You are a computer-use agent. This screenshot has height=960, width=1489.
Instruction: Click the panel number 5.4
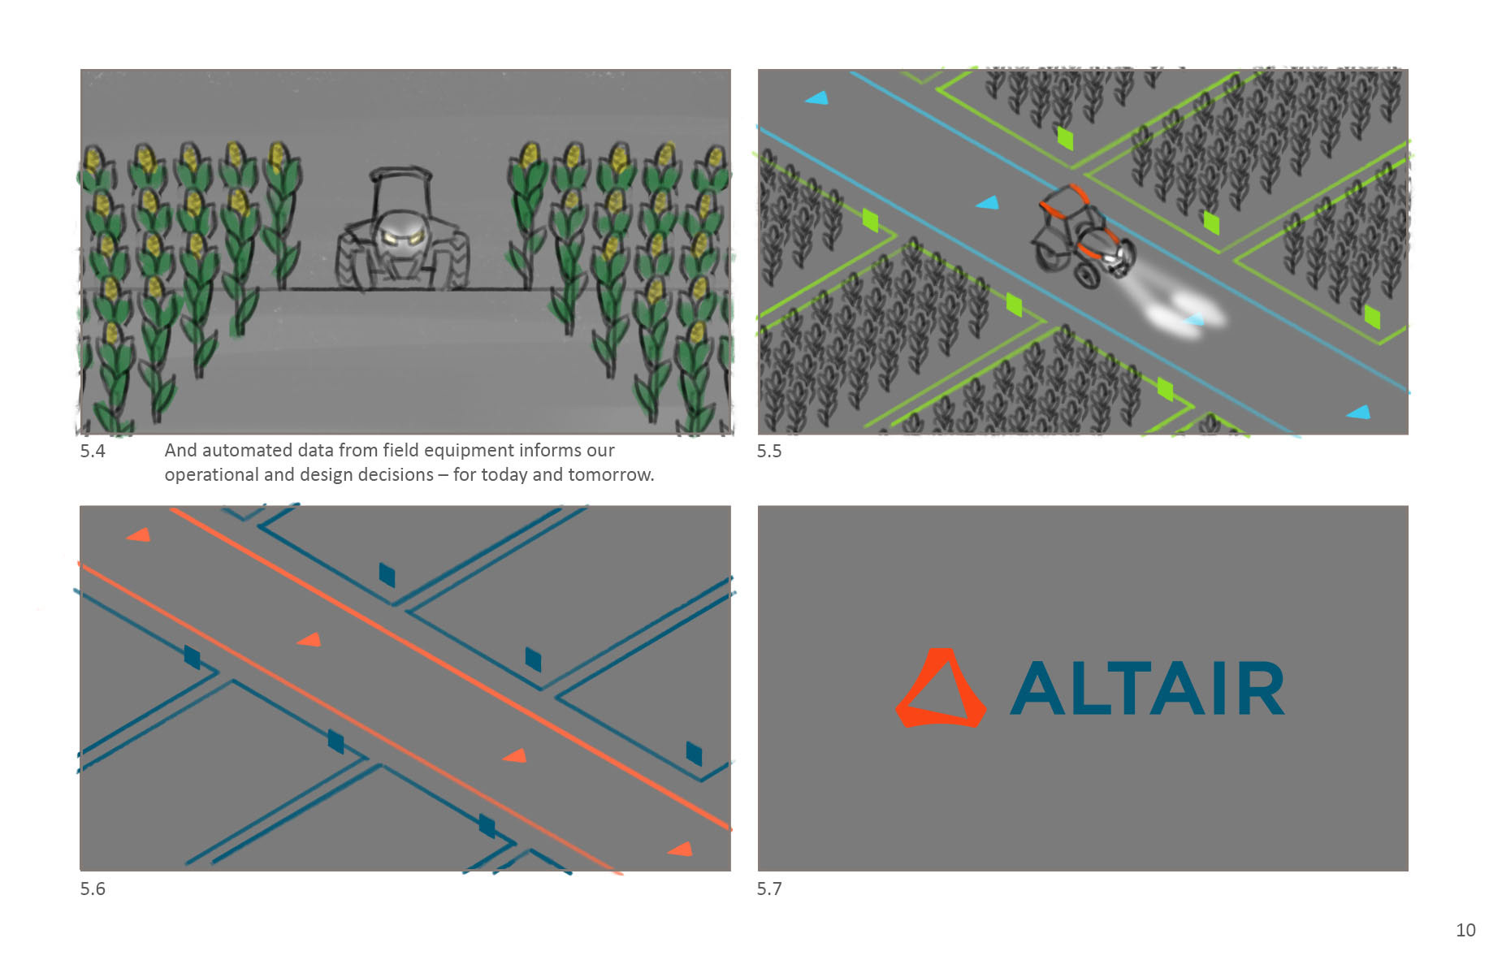(x=93, y=452)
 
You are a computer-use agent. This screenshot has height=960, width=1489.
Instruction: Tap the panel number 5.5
(x=768, y=452)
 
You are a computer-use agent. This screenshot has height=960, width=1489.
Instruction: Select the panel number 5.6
(x=93, y=889)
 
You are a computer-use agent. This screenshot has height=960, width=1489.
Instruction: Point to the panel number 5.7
(x=768, y=889)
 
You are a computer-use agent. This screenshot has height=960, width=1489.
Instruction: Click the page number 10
(x=1465, y=930)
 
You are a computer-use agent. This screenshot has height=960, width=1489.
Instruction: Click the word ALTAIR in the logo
(x=1146, y=689)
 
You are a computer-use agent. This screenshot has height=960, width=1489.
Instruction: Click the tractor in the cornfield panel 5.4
(x=402, y=231)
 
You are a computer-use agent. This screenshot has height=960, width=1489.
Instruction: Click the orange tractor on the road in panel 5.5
(x=1081, y=236)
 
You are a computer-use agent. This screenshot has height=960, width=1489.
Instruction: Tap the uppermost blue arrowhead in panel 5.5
(x=817, y=98)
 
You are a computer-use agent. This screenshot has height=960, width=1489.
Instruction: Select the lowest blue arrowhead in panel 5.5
(x=1359, y=413)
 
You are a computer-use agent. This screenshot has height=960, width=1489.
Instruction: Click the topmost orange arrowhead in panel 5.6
(x=139, y=534)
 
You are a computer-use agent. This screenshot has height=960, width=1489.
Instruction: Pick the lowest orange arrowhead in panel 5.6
(x=680, y=850)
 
